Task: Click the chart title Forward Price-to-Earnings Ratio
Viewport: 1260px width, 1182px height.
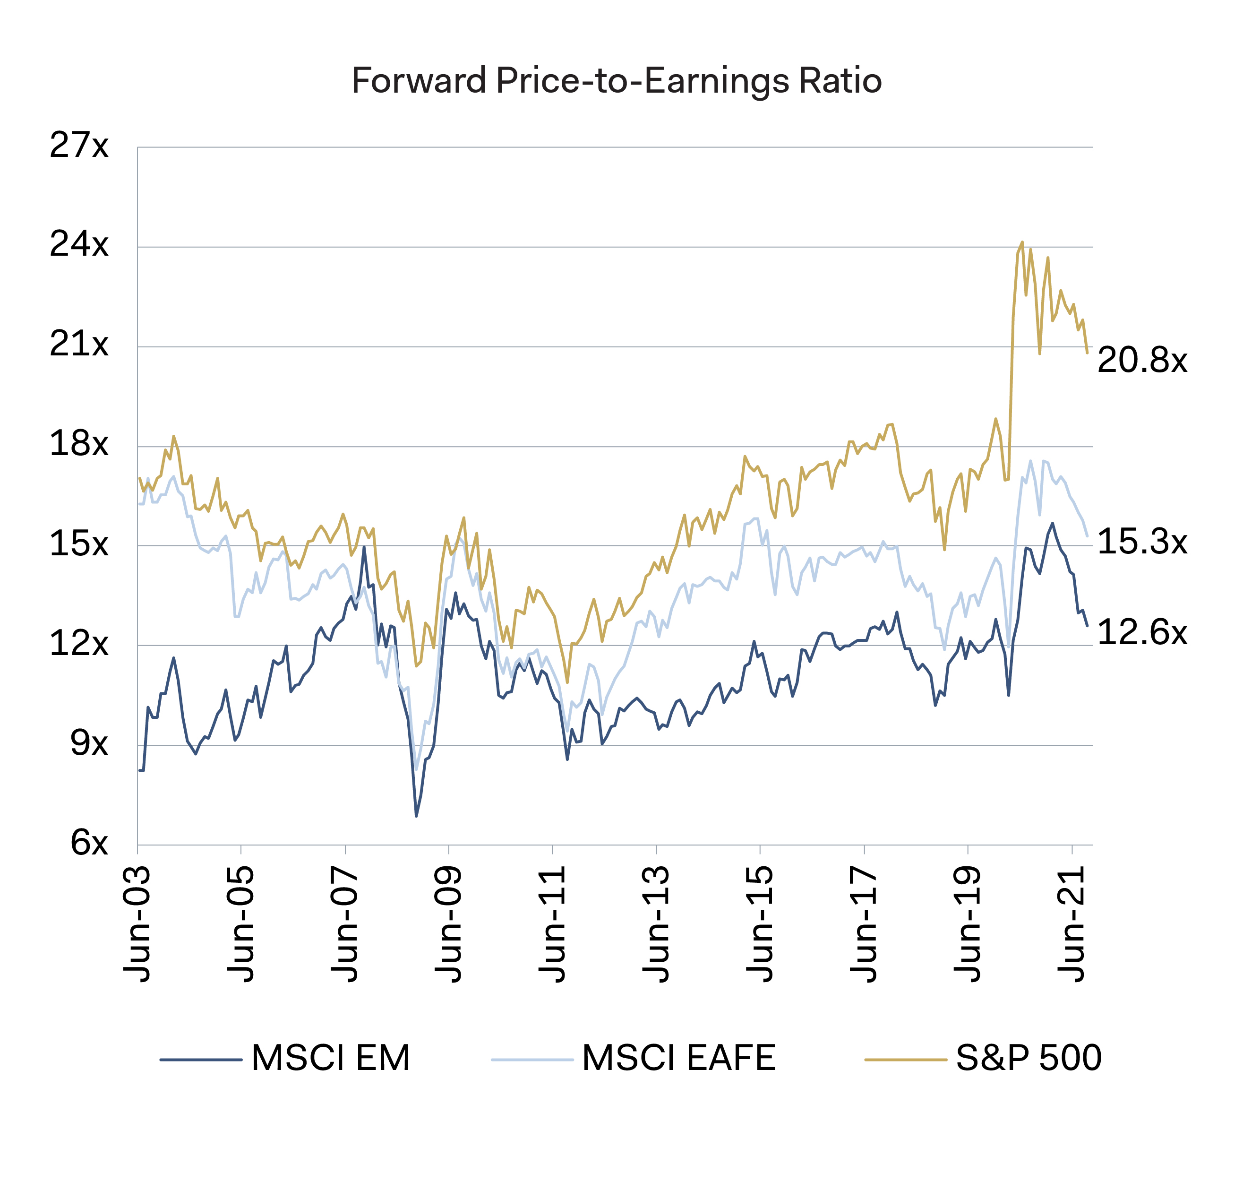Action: click(x=616, y=81)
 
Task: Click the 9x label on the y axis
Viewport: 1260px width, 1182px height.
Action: click(x=89, y=743)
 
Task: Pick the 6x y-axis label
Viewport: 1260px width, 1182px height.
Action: click(x=89, y=844)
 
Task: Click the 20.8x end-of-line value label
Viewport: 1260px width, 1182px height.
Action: click(x=1142, y=361)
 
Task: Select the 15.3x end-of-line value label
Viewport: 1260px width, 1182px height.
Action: click(x=1142, y=542)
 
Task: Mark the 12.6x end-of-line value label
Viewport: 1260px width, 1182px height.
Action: click(x=1142, y=633)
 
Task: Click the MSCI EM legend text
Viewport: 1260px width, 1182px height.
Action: click(x=330, y=1058)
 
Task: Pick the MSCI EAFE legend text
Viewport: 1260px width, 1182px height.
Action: click(x=678, y=1058)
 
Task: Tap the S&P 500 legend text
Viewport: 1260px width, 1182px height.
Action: click(x=1029, y=1058)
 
